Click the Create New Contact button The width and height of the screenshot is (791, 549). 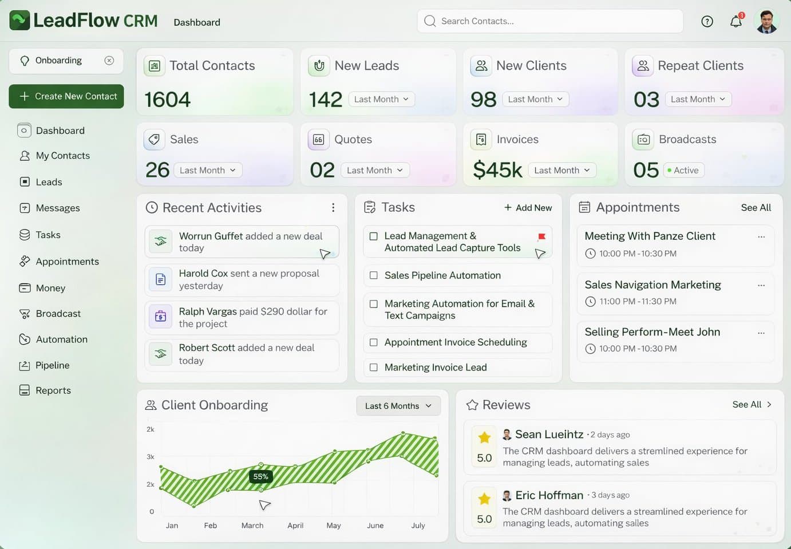(x=66, y=96)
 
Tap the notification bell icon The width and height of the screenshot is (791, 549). (x=736, y=22)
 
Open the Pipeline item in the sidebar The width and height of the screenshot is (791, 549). (x=52, y=365)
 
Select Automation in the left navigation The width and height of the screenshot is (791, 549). (x=61, y=339)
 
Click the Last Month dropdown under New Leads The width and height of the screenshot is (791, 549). (x=381, y=99)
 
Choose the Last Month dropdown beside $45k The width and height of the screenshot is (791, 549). (x=561, y=170)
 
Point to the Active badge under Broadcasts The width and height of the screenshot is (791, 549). (x=683, y=170)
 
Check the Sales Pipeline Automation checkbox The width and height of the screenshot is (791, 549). (x=374, y=275)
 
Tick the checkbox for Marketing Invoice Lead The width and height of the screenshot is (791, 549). (x=374, y=368)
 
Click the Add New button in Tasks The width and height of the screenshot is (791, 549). (x=528, y=208)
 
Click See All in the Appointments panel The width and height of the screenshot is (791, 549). (x=756, y=208)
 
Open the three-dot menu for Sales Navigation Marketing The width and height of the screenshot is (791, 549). (x=761, y=285)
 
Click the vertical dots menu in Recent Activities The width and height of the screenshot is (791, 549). (x=333, y=208)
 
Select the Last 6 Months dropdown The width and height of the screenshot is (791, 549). (x=398, y=406)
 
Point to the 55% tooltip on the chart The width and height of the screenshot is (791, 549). (x=260, y=476)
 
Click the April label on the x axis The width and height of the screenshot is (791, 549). (x=295, y=526)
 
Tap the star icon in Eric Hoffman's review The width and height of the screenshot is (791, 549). (x=484, y=499)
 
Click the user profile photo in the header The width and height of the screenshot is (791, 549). (x=767, y=22)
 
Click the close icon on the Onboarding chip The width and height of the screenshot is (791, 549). (x=109, y=61)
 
